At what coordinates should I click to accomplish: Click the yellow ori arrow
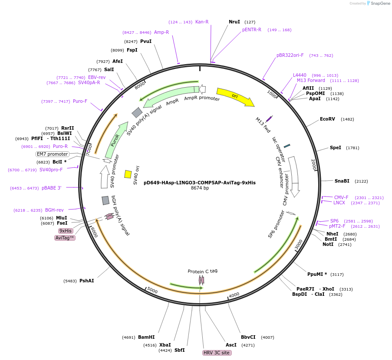tap(235, 96)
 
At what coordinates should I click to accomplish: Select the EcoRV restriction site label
tap(327, 119)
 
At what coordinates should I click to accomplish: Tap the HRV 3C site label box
tap(217, 353)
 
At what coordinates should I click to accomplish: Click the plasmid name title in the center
tap(200, 183)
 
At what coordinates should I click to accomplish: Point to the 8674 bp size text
tap(200, 188)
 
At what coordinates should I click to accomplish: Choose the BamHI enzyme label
tap(146, 337)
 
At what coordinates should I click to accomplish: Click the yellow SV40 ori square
tap(128, 174)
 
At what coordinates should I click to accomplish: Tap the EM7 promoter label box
tap(52, 154)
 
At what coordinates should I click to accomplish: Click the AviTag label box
tap(65, 238)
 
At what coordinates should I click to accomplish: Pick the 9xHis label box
tap(66, 231)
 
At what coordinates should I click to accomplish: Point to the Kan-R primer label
tap(202, 22)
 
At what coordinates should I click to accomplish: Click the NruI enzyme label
tap(234, 22)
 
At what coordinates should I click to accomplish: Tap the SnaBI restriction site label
tap(342, 181)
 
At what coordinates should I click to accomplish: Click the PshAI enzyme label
tap(86, 281)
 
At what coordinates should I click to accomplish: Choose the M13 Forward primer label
tap(311, 80)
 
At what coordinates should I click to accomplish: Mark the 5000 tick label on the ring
tap(152, 290)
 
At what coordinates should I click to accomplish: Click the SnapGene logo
tap(377, 3)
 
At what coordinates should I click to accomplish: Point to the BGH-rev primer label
tap(54, 210)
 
